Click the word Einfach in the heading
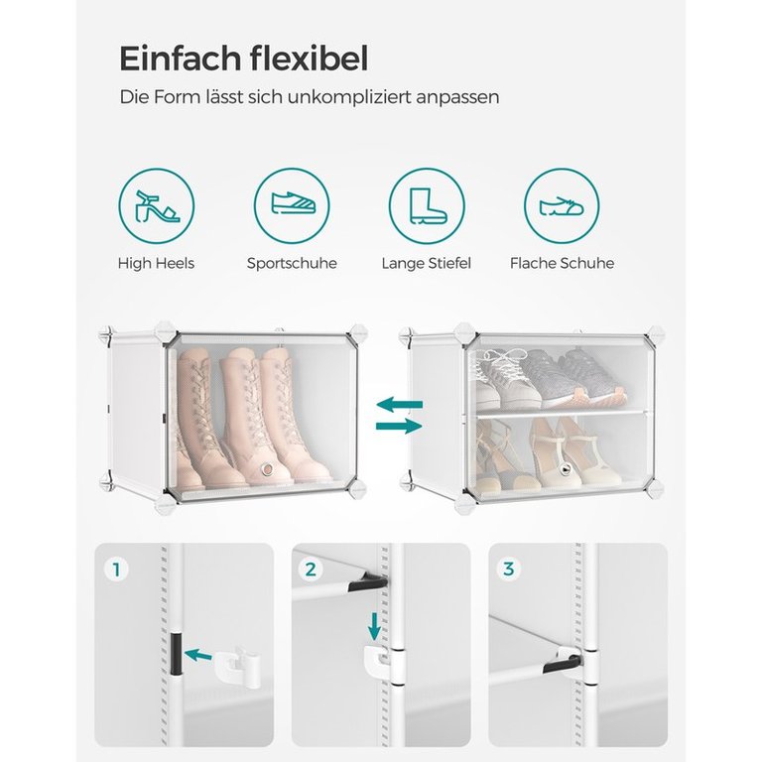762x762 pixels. click(181, 59)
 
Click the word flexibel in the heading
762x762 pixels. click(310, 59)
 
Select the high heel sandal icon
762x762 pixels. click(157, 206)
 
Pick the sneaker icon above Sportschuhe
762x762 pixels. click(293, 203)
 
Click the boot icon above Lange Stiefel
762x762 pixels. click(428, 206)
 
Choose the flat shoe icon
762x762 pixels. click(562, 206)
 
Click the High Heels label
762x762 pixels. click(156, 263)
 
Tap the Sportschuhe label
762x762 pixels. click(292, 263)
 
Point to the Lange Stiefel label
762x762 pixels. click(427, 263)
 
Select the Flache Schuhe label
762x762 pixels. click(562, 263)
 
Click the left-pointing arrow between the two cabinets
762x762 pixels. click(400, 404)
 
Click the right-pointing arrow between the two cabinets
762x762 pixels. click(400, 427)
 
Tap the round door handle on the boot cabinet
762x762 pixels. click(266, 469)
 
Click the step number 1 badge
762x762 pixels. click(116, 570)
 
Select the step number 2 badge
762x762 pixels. click(311, 570)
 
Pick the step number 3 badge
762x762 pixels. click(508, 570)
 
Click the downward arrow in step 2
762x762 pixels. click(374, 627)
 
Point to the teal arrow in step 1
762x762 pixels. click(198, 655)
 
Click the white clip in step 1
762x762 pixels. click(238, 666)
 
